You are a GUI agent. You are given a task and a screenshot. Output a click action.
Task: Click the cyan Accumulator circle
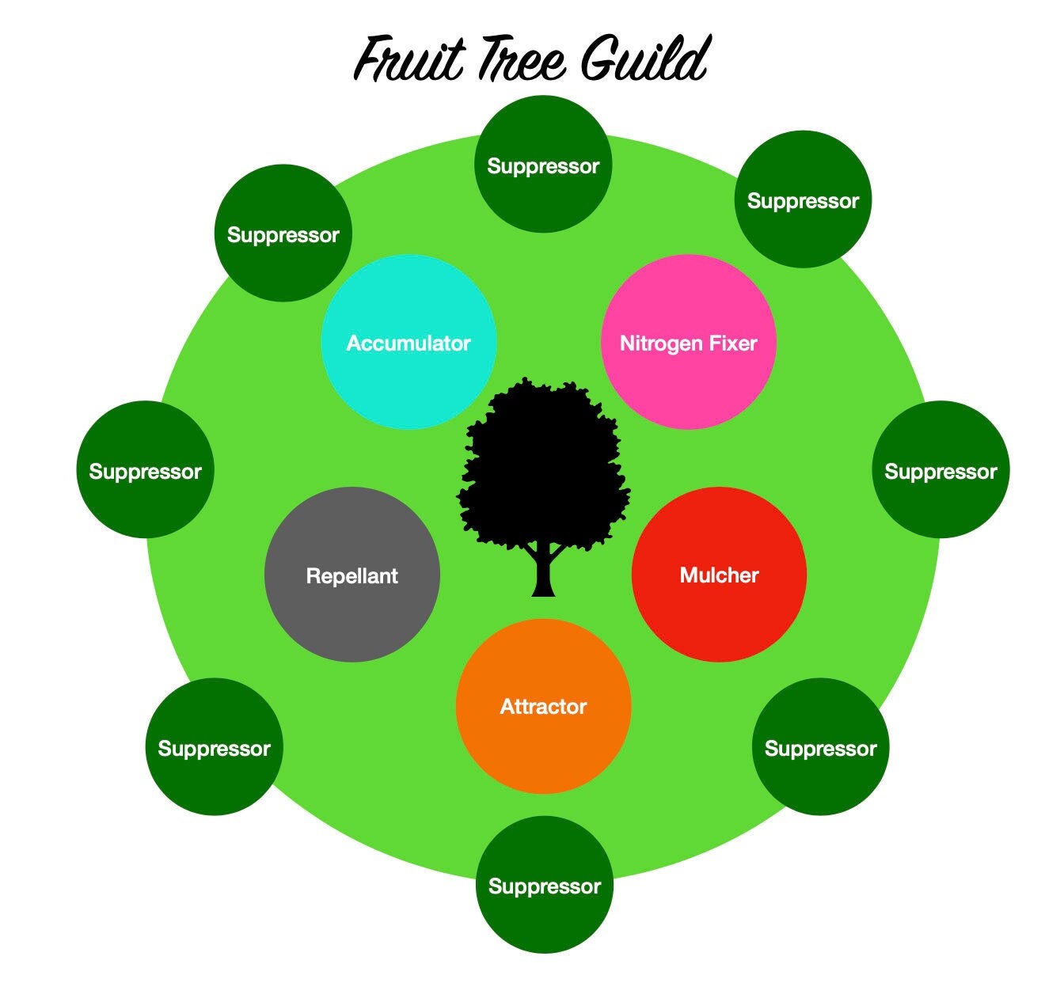(408, 342)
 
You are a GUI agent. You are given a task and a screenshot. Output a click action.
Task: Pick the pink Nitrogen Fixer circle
(689, 342)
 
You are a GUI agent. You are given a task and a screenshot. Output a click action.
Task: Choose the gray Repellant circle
(351, 575)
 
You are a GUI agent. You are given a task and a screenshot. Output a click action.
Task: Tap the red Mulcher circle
(719, 575)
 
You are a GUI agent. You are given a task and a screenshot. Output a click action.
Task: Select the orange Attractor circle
(543, 706)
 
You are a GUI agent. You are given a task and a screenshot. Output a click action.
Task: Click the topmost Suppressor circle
(543, 165)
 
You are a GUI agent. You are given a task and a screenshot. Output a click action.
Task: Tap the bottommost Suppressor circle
(545, 885)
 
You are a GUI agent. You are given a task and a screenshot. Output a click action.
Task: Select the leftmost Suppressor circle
(145, 470)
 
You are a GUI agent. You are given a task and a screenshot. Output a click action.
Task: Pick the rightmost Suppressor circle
(940, 470)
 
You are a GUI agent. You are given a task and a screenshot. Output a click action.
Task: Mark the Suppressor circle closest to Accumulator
(283, 233)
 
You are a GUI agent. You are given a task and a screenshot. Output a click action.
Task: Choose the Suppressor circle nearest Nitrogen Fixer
(803, 199)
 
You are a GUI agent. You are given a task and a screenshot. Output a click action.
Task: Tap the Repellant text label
(351, 575)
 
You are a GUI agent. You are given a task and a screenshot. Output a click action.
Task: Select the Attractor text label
(543, 706)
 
